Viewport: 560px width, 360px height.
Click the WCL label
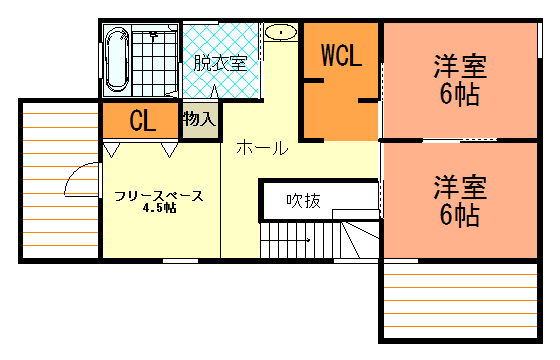[x=342, y=55]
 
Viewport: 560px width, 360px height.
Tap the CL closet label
[x=143, y=120]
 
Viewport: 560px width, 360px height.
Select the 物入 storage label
[x=200, y=119]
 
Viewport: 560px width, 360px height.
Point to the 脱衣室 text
[x=220, y=63]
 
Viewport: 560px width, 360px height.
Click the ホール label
[x=262, y=148]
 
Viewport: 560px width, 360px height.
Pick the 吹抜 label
[x=304, y=201]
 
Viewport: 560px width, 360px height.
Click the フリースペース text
[x=159, y=196]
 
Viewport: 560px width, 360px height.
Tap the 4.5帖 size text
[x=159, y=208]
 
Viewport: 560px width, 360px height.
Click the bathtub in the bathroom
[x=117, y=59]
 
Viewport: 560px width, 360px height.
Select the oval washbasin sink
[x=281, y=32]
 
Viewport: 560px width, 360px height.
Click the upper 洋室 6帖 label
[x=460, y=80]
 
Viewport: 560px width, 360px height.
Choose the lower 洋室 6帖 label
[x=460, y=201]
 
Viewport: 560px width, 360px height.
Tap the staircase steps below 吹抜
[x=300, y=240]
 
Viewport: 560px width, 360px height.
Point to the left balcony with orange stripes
[x=60, y=180]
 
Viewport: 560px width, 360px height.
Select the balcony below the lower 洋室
[x=461, y=301]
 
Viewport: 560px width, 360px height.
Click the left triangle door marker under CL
[x=111, y=150]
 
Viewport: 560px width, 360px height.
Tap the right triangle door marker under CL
[x=169, y=150]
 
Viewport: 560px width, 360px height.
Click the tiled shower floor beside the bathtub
[x=154, y=60]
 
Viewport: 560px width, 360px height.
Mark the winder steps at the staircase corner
[x=359, y=240]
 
